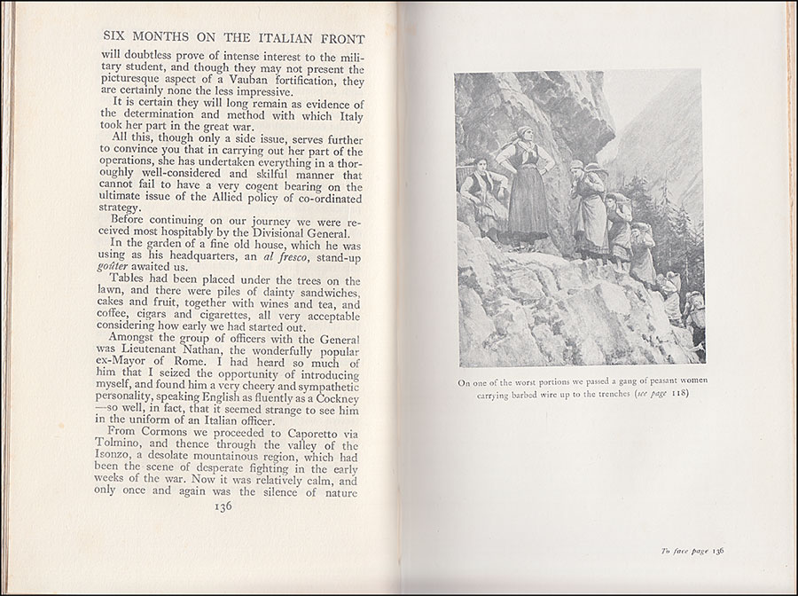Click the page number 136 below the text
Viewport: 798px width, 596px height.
pos(218,506)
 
